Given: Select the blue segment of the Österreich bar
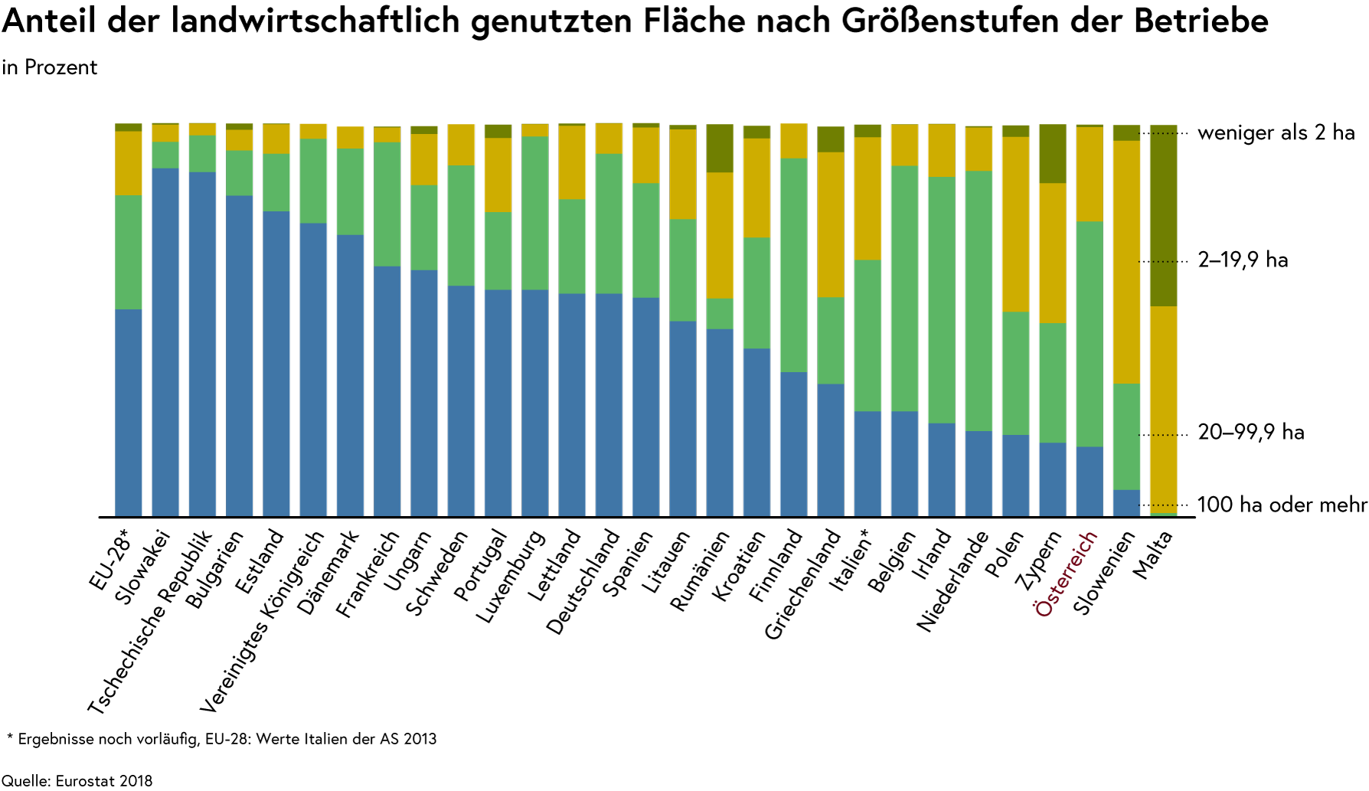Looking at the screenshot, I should [1090, 481].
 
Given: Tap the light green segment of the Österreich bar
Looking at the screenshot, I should [1090, 334].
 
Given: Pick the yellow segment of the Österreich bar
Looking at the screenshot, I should [1090, 174].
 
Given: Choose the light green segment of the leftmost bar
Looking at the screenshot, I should [129, 252].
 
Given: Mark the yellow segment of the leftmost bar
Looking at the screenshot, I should [129, 163].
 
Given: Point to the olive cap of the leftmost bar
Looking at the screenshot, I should [129, 127].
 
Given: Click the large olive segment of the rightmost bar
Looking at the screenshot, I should [1163, 215].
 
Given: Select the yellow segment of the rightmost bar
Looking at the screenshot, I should [1163, 409].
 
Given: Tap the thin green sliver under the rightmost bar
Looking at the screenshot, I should [1163, 514].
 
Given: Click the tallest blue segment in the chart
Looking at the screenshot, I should [165, 342].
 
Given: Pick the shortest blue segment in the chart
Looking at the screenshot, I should [1126, 502].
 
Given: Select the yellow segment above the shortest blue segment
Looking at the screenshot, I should [1126, 262].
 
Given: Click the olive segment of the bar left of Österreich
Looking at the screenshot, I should [1052, 153].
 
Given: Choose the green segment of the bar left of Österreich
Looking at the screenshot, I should [1052, 382].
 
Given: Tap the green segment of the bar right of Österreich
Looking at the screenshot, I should [1126, 436].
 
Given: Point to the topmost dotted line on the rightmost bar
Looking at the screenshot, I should [1158, 133].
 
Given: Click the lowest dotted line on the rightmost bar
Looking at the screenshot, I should [1158, 505].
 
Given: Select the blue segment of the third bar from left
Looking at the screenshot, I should [202, 344].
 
